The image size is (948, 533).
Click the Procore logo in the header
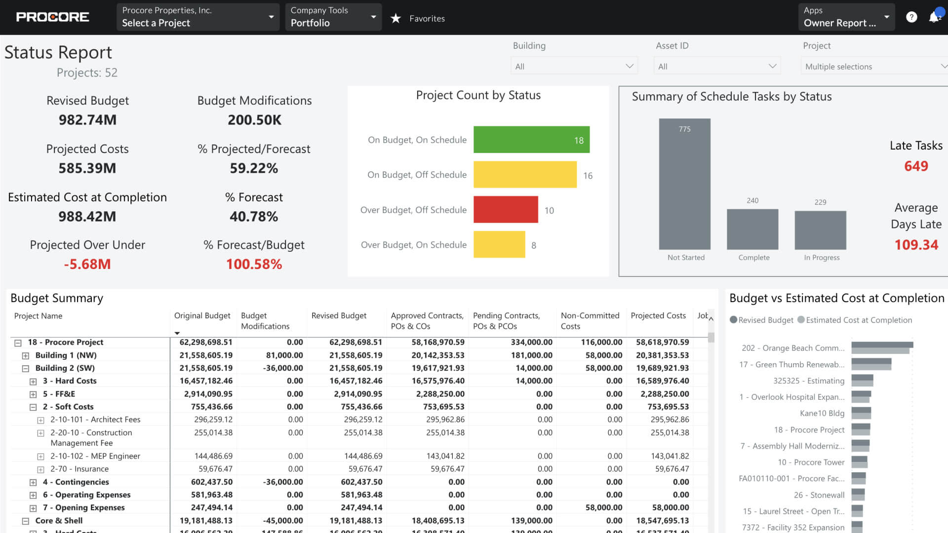[x=52, y=17]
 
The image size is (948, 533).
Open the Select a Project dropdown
[x=197, y=17]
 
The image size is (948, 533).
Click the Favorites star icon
[x=395, y=19]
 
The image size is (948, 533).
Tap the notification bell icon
[x=933, y=18]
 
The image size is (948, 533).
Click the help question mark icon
[x=911, y=17]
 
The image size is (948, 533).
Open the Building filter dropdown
[x=574, y=66]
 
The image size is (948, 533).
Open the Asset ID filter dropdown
[x=717, y=66]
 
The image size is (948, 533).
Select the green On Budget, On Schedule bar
[x=531, y=140]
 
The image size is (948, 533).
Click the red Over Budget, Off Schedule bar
[x=505, y=210]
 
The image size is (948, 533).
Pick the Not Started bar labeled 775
[x=684, y=184]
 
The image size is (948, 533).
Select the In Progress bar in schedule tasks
[x=820, y=230]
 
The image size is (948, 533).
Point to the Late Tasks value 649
[x=916, y=166]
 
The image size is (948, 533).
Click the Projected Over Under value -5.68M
[x=87, y=264]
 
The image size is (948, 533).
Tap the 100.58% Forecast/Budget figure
[x=254, y=264]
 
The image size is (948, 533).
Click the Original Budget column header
[x=202, y=316]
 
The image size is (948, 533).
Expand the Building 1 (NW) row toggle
[x=26, y=356]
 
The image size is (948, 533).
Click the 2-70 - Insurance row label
[x=79, y=469]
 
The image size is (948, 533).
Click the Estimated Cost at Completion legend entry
[x=859, y=320]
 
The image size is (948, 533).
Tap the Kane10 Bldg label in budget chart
[x=822, y=414]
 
